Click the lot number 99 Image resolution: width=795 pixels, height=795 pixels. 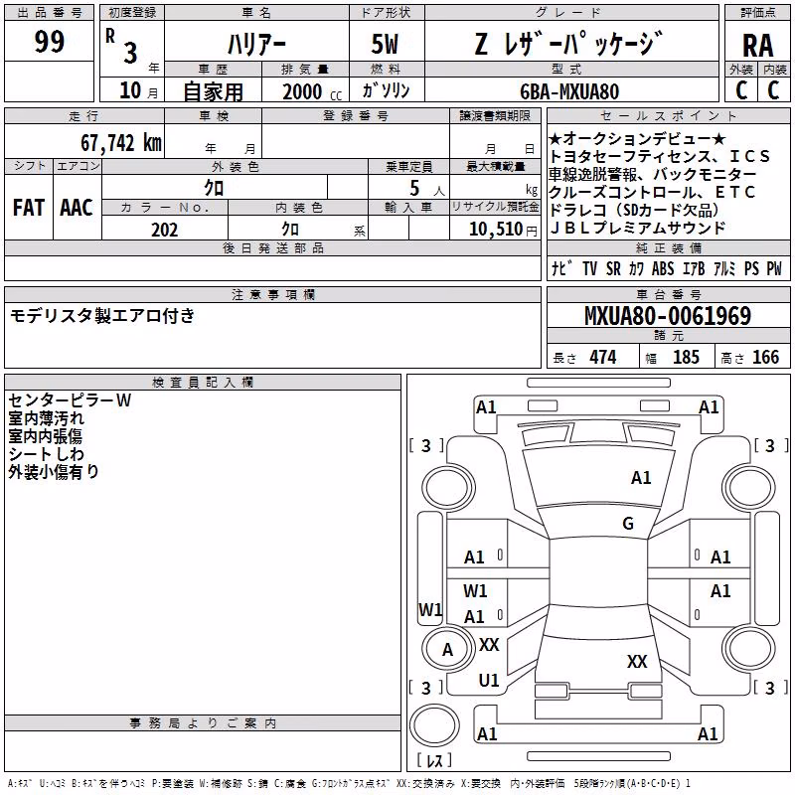pos(49,42)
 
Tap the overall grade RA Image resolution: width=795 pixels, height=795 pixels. pos(757,46)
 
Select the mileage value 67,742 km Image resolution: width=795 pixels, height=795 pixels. pos(121,143)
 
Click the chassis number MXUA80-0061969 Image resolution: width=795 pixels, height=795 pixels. pos(668,316)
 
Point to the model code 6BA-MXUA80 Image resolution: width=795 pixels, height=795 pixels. pos(569,91)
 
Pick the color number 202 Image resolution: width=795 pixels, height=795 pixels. pos(164,230)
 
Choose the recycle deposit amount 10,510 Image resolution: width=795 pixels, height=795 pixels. pos(496,230)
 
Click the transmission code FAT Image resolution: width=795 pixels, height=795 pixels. pos(29,208)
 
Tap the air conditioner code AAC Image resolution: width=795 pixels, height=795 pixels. pos(77,208)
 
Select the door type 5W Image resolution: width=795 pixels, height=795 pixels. pos(385,44)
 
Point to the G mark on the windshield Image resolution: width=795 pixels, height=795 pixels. pos(628,524)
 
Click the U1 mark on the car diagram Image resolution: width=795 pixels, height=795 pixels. pos(489,681)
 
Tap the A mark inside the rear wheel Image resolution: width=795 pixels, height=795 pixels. pos(447,650)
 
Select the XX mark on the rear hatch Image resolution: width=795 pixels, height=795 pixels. pos(637,661)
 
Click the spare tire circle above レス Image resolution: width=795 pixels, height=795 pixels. pos(434,726)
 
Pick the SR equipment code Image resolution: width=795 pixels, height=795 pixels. pos(613,268)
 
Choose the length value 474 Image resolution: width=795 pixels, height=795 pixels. pos(603,358)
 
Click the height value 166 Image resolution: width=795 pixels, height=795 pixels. pos(765,358)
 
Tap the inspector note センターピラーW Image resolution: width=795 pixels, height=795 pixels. pos(70,400)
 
